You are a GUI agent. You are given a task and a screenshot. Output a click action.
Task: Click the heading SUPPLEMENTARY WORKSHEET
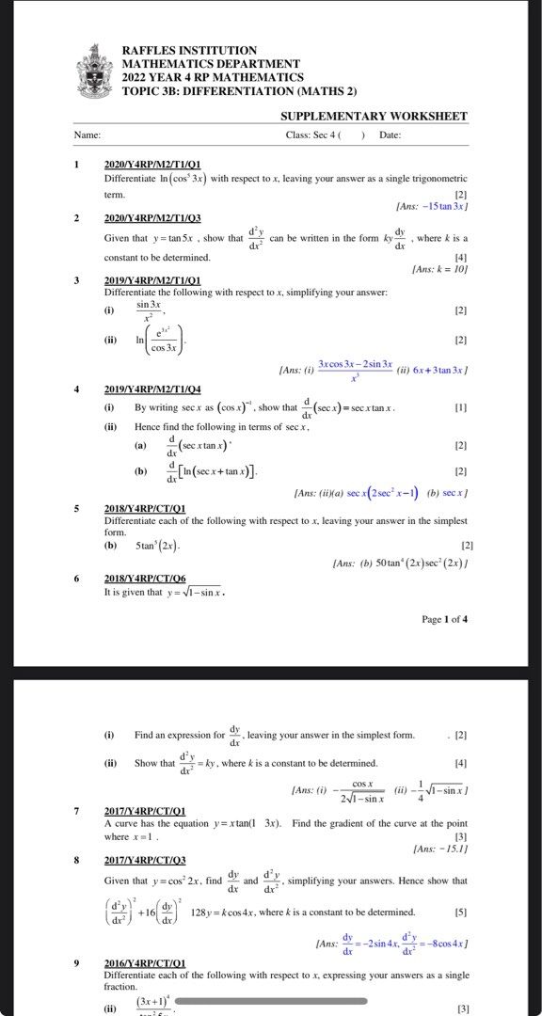[374, 117]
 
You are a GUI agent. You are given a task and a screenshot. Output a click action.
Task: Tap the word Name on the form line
[88, 135]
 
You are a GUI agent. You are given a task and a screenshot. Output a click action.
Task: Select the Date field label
[390, 135]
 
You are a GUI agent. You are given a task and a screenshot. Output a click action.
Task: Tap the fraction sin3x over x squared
[149, 311]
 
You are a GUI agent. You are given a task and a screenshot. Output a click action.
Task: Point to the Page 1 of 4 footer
[444, 619]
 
